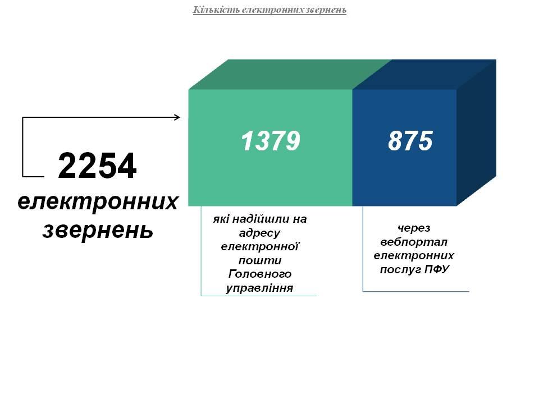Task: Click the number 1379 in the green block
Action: [271, 141]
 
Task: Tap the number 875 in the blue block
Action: [410, 141]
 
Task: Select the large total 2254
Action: [97, 166]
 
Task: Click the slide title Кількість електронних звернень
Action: [269, 10]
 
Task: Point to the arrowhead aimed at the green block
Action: [177, 117]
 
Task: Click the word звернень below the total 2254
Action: [98, 230]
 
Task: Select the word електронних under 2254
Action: [98, 202]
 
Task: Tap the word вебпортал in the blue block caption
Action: [414, 242]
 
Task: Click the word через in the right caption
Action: [414, 228]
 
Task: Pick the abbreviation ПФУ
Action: [437, 269]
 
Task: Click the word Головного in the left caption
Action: [260, 274]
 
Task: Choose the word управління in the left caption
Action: [259, 288]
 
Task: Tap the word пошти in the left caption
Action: [260, 260]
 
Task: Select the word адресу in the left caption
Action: [259, 233]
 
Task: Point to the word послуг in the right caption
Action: [400, 269]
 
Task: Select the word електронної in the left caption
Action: [260, 246]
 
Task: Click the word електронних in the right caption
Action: [414, 256]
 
